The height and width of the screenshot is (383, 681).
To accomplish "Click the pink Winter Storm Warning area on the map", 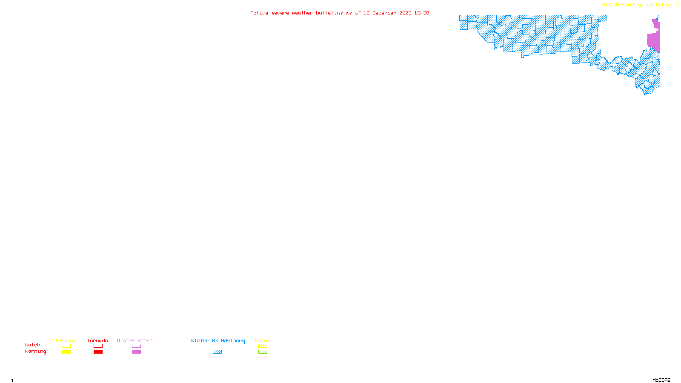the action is [x=653, y=40].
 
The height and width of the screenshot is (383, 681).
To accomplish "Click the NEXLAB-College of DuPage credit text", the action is [x=638, y=5].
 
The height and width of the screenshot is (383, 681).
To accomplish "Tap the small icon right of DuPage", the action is [x=677, y=5].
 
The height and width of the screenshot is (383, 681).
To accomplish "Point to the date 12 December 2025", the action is [x=387, y=13].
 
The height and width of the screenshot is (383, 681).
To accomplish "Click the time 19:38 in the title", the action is [x=422, y=13].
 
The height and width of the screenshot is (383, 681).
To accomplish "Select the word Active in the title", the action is [x=259, y=13].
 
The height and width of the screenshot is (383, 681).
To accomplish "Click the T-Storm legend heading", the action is [x=66, y=340].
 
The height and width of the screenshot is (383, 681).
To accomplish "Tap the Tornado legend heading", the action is [x=97, y=340].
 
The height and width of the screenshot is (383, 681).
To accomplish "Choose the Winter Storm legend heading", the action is [x=134, y=340].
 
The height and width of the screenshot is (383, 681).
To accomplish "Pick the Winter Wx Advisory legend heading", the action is [x=218, y=340].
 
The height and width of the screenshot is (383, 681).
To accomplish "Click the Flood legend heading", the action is [x=263, y=340].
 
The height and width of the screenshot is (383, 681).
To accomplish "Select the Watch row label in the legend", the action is [x=33, y=345].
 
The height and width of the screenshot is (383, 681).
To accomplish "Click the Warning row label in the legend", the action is [x=36, y=352].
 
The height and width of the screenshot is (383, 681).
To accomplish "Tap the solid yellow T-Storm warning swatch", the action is [x=66, y=352].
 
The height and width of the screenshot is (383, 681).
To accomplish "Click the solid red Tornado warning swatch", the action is [x=98, y=352].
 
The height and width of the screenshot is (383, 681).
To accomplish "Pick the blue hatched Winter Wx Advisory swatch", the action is [x=217, y=352].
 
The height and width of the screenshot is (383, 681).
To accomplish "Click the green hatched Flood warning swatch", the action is [x=263, y=352].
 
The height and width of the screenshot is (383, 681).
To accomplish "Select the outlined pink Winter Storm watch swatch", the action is [x=136, y=346].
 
